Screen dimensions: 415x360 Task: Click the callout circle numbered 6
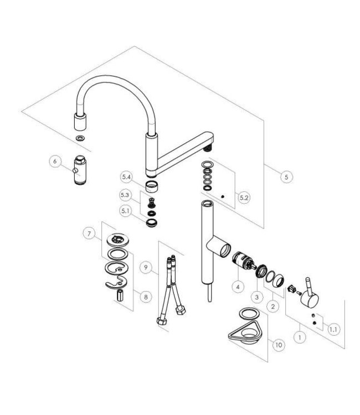coord(54,161)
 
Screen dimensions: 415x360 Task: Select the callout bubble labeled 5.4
coord(126,177)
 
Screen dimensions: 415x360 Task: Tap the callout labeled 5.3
coord(126,195)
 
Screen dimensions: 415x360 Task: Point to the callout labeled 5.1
coord(126,210)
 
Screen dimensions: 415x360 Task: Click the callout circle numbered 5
coord(286,177)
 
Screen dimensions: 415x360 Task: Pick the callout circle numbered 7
coord(88,234)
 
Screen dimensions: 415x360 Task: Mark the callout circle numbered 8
coord(146,297)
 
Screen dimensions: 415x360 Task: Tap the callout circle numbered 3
coord(256,297)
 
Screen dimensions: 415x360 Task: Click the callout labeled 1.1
coord(333,329)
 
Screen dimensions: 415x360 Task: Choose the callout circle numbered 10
coord(279,345)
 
